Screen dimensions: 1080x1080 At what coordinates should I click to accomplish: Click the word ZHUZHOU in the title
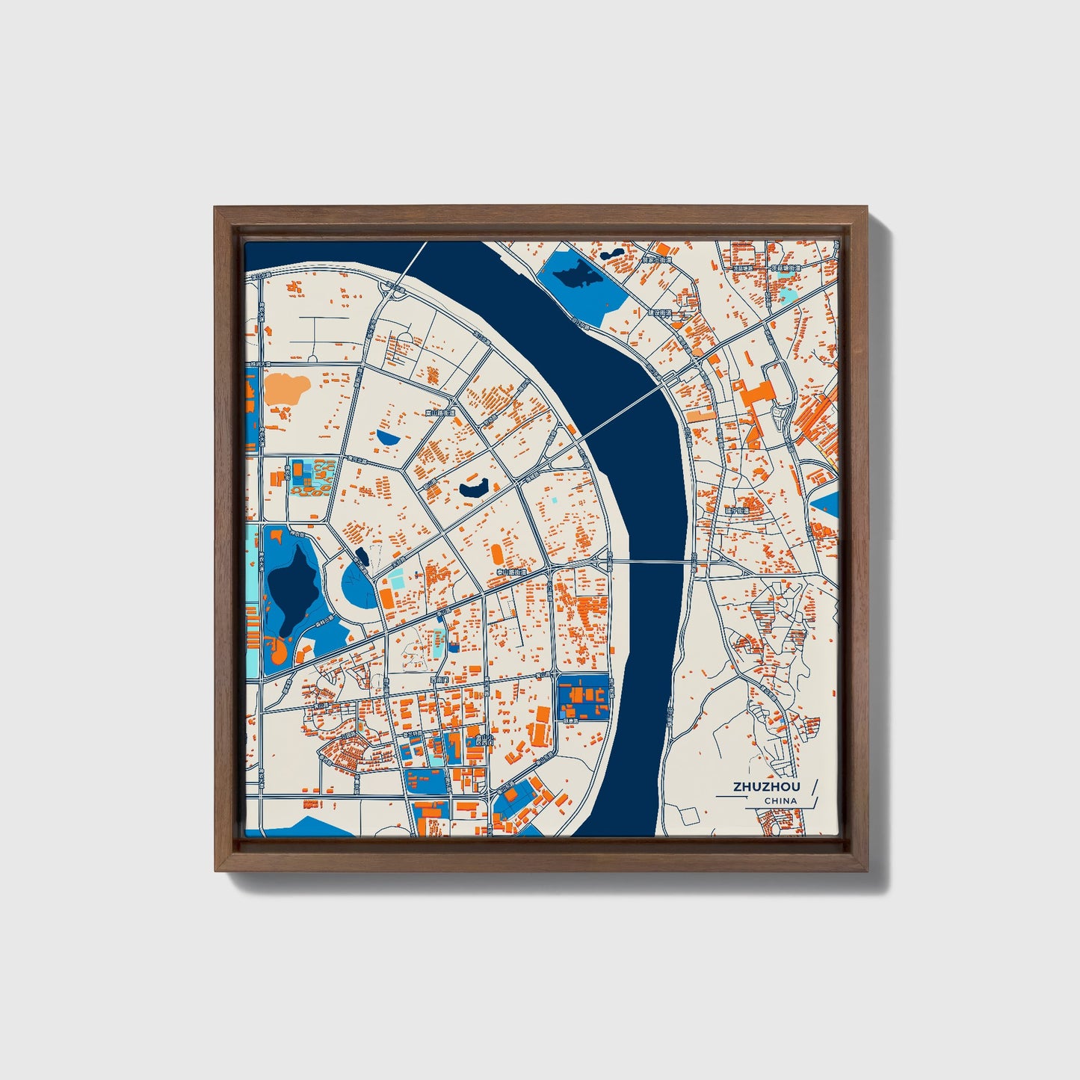coord(766,786)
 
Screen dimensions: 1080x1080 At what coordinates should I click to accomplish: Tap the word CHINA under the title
coord(780,801)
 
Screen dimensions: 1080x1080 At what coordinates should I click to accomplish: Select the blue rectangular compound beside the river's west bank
coord(584,697)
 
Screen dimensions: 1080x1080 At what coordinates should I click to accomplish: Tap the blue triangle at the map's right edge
coord(827,504)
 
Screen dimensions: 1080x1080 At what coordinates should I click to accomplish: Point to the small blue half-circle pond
coord(387,437)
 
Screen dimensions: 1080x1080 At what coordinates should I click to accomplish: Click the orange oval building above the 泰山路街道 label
coord(497,555)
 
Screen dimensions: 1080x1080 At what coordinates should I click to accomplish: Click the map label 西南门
coord(439,680)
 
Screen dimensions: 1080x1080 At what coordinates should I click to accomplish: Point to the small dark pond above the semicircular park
coord(363,555)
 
